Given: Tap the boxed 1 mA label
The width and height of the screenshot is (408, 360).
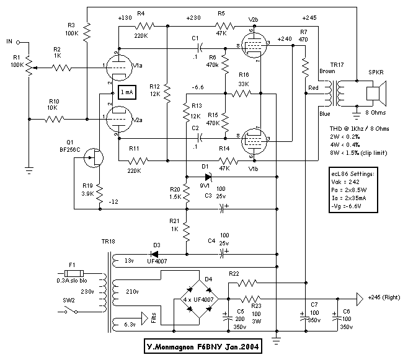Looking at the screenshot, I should (x=128, y=92).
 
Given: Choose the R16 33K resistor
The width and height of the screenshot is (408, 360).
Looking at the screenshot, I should (x=243, y=95).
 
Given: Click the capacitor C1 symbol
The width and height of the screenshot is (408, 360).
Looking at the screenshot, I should (x=197, y=48).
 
